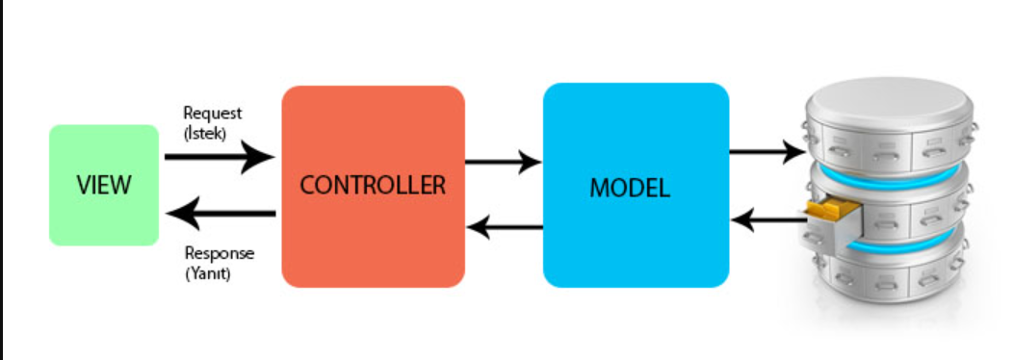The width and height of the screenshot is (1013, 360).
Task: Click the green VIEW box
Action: tap(104, 221)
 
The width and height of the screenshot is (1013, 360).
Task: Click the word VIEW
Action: tap(104, 185)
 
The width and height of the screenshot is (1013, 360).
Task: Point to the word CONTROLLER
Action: tap(373, 185)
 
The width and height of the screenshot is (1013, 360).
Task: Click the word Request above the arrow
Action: tap(212, 115)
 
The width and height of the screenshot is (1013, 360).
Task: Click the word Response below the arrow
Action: tap(219, 253)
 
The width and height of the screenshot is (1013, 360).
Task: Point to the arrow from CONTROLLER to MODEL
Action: tap(504, 161)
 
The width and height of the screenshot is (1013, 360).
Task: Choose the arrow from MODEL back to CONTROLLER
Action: tap(504, 227)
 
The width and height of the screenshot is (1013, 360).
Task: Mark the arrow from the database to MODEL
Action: tap(767, 220)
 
